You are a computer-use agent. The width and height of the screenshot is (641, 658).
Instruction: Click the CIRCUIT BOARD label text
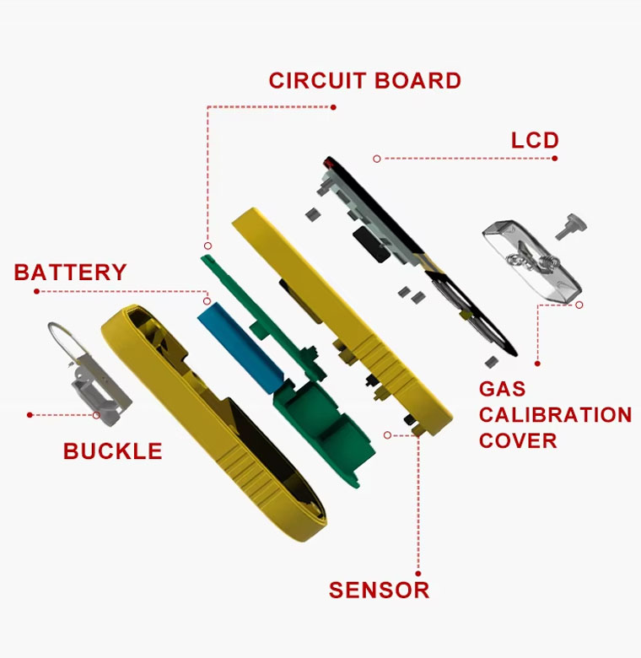coord(364,81)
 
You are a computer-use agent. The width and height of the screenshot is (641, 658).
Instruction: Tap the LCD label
coord(535,140)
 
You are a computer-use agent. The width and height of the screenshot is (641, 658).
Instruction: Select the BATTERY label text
coord(70,272)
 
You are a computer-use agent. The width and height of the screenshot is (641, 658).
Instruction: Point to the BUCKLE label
coord(112,451)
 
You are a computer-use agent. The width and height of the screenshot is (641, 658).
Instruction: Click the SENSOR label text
coord(379,590)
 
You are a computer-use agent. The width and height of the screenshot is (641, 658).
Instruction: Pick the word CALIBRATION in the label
coord(555,415)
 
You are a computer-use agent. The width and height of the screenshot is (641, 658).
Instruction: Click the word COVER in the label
coord(518,440)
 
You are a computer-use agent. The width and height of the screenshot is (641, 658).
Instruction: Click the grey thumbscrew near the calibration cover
coord(571,226)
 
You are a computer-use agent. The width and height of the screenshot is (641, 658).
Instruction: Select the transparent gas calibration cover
coord(532,260)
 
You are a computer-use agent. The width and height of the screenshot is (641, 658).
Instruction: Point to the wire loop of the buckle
coord(62,341)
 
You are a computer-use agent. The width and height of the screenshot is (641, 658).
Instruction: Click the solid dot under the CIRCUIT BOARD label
coord(333,107)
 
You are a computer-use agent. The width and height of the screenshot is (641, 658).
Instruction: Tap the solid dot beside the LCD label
coord(555,159)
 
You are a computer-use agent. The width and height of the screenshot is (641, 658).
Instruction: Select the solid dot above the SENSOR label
coord(417,574)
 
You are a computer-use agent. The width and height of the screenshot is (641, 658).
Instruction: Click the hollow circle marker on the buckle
coord(96,415)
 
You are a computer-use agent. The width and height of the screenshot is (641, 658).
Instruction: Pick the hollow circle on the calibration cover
coord(579,305)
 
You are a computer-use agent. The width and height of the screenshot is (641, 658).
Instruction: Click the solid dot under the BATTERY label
coord(36,291)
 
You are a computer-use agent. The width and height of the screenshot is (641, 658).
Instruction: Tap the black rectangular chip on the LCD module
coord(372,245)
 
